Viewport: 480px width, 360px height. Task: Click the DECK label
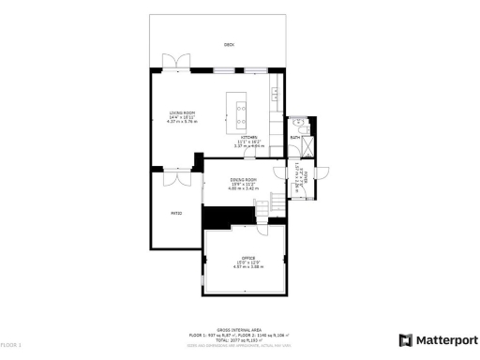pos(228,44)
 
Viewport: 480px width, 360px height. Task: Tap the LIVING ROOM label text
pos(167,112)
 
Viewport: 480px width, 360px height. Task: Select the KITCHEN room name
pos(248,138)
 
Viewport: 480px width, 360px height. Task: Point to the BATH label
pos(294,138)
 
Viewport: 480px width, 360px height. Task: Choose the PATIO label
pos(174,213)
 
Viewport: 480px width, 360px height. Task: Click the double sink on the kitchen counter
pos(276,94)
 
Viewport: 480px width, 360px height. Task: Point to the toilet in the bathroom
pos(296,123)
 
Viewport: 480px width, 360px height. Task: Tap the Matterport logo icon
pos(405,340)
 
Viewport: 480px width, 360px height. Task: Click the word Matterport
pos(445,340)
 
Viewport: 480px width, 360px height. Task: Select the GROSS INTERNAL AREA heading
pos(239,330)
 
